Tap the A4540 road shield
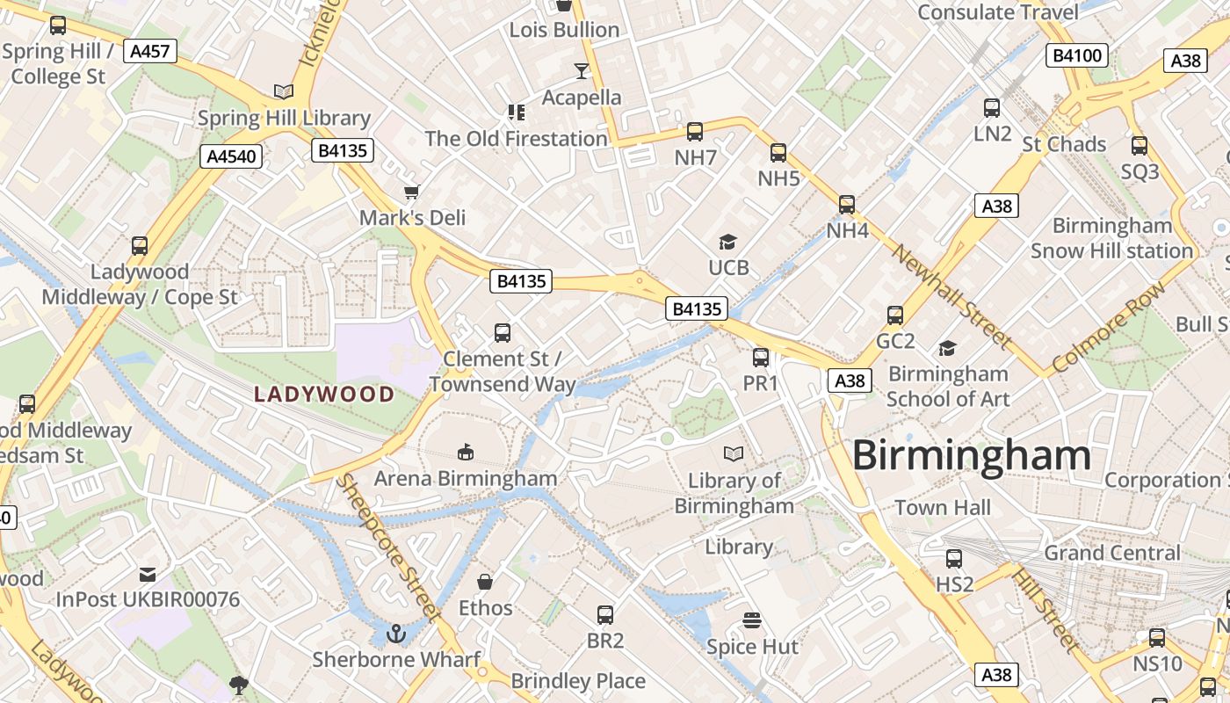pos(232,157)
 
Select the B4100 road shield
pos(1076,56)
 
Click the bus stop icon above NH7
pos(695,132)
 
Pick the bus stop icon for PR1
pos(761,358)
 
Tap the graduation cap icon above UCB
pos(727,242)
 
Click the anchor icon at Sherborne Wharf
pos(396,634)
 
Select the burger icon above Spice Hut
pos(751,620)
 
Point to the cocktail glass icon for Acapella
pos(581,71)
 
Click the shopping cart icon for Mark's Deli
pos(411,192)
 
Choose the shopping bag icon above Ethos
pos(484,582)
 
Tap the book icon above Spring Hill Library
pos(283,91)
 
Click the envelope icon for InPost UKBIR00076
pos(148,575)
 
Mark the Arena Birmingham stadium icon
pos(465,453)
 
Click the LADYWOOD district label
pos(324,395)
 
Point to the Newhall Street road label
pos(952,296)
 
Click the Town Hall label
pos(943,507)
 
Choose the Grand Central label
pos(1112,553)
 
